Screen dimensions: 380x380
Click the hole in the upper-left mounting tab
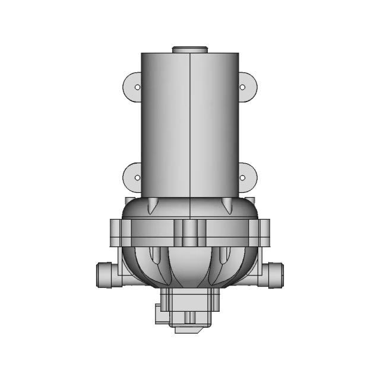(137, 87)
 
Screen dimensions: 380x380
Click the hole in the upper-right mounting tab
(242, 87)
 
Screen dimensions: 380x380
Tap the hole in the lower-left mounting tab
(137, 177)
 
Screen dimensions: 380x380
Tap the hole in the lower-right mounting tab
(242, 177)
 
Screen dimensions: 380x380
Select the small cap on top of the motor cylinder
(189, 49)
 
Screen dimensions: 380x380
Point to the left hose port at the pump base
(104, 275)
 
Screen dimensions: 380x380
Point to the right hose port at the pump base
(275, 275)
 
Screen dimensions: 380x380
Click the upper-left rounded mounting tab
(132, 87)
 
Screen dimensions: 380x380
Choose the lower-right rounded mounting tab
(247, 177)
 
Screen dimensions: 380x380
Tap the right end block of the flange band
(263, 232)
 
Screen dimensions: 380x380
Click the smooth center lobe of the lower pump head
(189, 267)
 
